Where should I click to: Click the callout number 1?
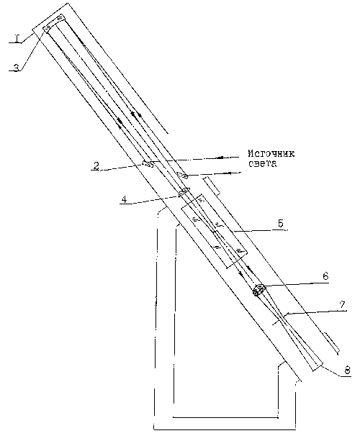point(17,38)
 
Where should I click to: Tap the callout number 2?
point(96,165)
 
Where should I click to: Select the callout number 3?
point(17,68)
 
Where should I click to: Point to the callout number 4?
point(124,199)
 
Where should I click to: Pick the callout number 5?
point(280,224)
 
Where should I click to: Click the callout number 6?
point(325,276)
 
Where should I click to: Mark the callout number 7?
point(342,304)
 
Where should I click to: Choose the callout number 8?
point(347,370)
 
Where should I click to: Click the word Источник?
point(271,154)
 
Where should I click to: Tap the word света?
point(262,164)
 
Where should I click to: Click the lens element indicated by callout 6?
point(259,290)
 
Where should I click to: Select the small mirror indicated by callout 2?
point(148,163)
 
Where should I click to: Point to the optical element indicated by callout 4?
point(184,191)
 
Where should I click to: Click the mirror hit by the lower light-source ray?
point(182,176)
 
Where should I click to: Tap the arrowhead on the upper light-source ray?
point(221,158)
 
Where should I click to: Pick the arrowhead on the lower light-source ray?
point(231,173)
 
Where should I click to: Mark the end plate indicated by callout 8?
point(318,367)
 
